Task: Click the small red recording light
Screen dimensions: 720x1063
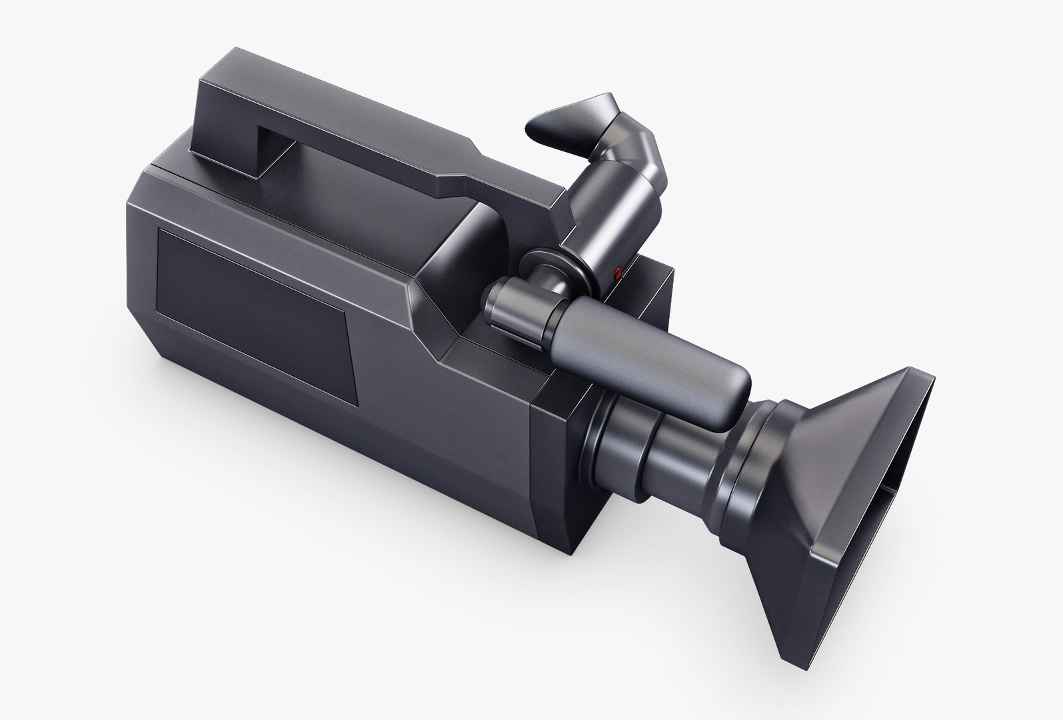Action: (618, 271)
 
